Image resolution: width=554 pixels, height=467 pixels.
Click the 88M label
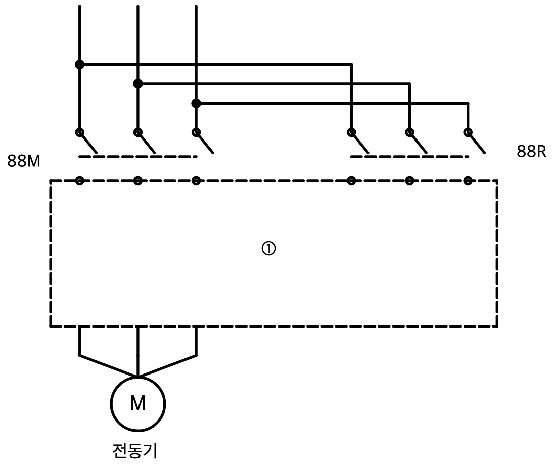(24, 161)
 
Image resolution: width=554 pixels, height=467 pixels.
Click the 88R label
(531, 151)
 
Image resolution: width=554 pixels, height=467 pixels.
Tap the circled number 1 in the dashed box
(268, 249)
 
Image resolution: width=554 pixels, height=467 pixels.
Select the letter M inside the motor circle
(138, 403)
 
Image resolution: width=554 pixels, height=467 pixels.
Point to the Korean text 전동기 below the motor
(134, 451)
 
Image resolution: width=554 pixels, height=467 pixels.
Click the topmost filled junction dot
(80, 65)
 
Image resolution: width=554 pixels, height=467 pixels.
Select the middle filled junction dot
(138, 84)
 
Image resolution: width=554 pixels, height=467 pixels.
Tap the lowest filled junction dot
(196, 104)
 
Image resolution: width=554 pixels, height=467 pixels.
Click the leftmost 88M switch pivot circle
(80, 132)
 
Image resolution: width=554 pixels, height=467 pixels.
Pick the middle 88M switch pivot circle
(138, 132)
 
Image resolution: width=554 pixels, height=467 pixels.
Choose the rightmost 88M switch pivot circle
(196, 132)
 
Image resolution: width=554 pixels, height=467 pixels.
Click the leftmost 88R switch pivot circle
(351, 132)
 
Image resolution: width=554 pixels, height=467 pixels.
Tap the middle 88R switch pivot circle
(409, 132)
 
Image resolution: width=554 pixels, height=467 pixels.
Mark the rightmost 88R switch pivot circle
(468, 132)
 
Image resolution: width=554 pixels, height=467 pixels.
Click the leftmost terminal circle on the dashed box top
(80, 181)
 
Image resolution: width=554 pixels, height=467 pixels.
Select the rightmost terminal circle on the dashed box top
(468, 181)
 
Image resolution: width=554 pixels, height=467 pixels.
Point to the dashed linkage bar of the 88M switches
(138, 157)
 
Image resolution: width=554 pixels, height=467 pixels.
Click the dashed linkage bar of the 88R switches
(409, 157)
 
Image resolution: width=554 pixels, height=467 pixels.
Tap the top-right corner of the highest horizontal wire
(351, 65)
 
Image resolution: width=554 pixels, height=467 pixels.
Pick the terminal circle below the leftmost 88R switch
(351, 181)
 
